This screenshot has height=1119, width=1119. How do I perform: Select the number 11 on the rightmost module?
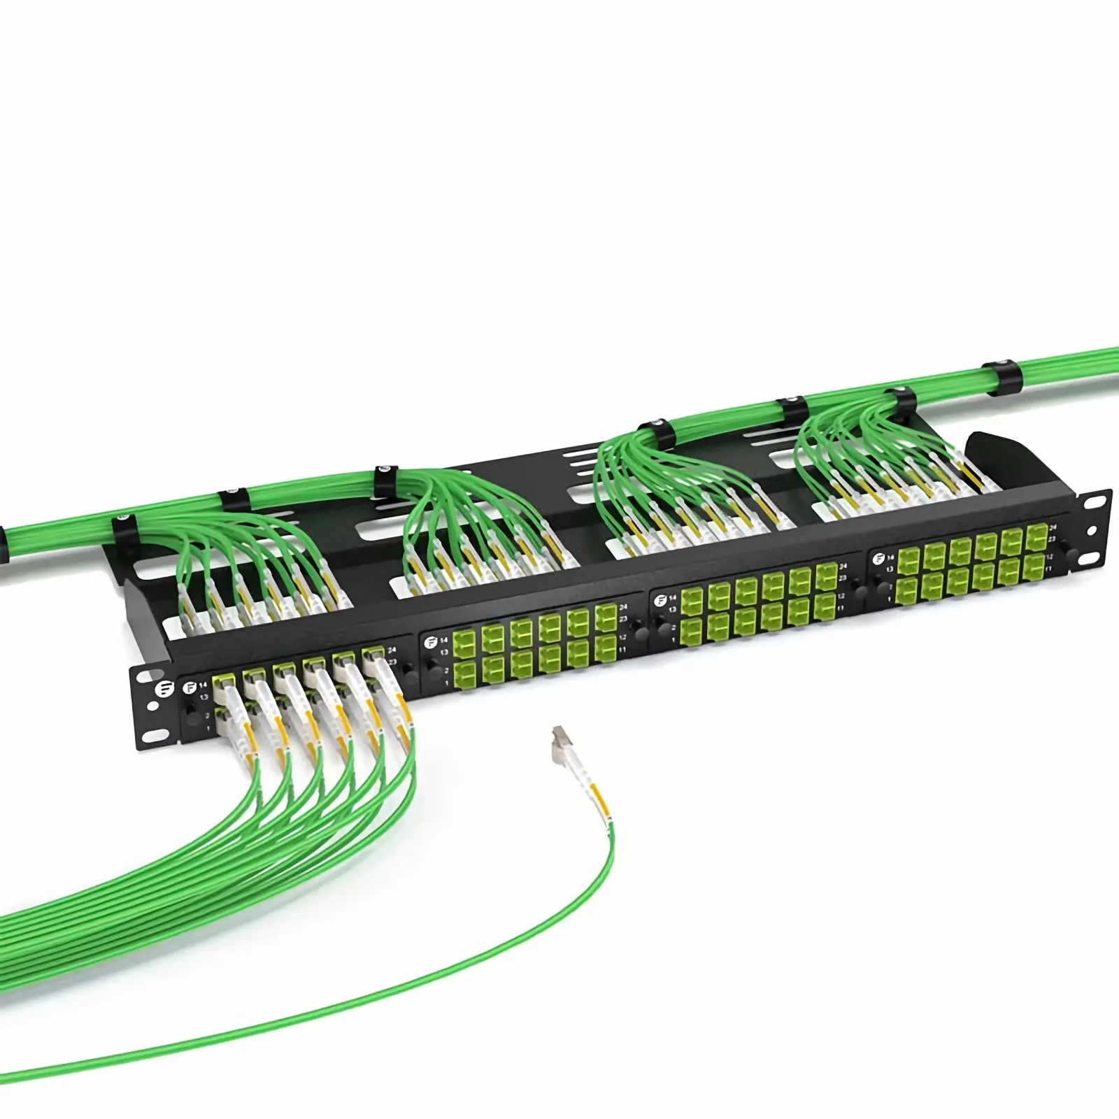(x=1048, y=569)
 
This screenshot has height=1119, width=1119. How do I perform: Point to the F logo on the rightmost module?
(x=878, y=557)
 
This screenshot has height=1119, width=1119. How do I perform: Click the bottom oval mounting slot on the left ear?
(x=150, y=736)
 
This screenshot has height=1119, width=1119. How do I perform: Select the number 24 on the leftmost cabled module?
(x=391, y=650)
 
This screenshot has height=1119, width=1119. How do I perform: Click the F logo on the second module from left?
(x=430, y=641)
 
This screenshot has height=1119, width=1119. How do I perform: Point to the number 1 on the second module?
(x=446, y=682)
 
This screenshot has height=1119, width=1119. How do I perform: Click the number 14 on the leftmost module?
(x=204, y=685)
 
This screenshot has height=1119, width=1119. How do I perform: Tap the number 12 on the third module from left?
(x=841, y=597)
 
